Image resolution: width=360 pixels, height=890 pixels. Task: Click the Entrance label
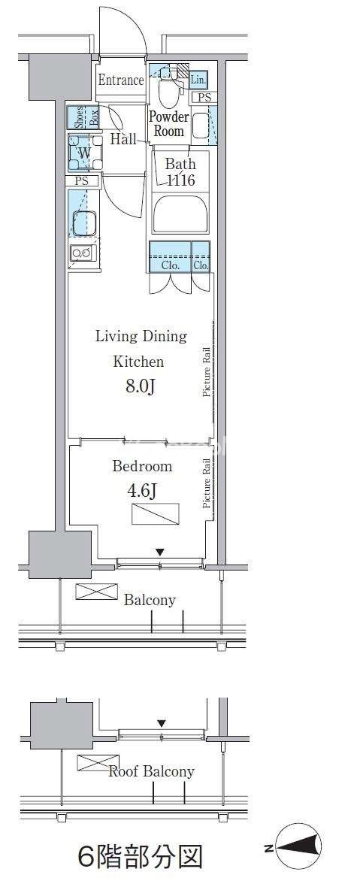(121, 80)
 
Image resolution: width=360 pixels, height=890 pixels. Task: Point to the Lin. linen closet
(198, 80)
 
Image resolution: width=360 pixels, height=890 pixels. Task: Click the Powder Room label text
(168, 124)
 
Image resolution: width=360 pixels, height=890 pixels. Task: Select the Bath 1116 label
(180, 172)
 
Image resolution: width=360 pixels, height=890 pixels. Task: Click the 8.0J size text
(141, 387)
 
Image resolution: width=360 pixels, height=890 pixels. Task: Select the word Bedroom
(142, 467)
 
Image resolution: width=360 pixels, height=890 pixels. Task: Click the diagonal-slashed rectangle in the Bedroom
(156, 513)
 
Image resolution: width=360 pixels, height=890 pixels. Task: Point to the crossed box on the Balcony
(96, 591)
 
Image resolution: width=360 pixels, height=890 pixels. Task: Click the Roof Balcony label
(151, 771)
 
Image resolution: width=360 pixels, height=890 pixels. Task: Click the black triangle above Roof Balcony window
(162, 723)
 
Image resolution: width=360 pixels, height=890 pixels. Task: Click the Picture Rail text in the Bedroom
(207, 485)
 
